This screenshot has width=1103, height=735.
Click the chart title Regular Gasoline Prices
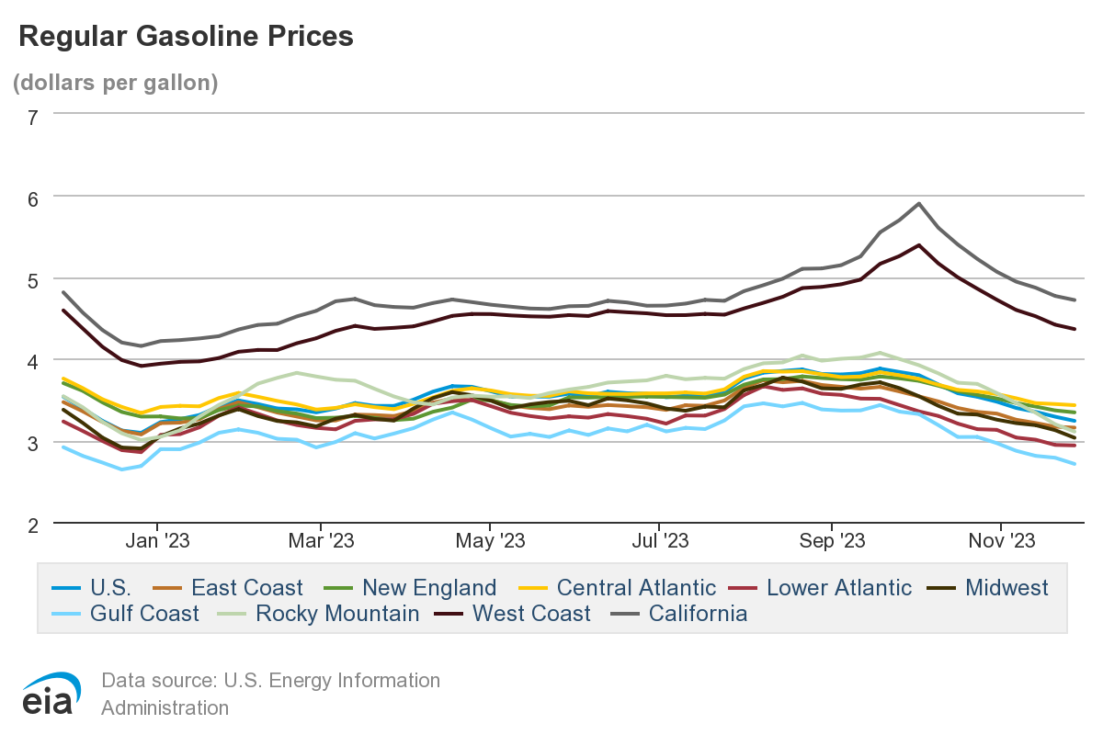point(186,36)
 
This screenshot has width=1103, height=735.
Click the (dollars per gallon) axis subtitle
point(115,83)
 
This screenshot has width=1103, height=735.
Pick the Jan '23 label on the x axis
point(158,541)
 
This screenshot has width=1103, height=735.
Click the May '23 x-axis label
point(490,541)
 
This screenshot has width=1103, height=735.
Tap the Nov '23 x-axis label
point(1001,541)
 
